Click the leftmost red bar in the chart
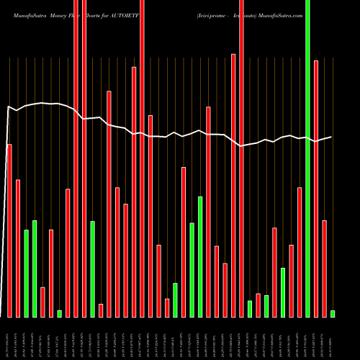click(x=9, y=230)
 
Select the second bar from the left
click(x=18, y=248)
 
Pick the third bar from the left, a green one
click(x=26, y=274)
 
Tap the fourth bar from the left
click(x=35, y=269)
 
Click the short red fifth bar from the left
click(x=42, y=302)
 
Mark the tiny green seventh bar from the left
click(x=59, y=313)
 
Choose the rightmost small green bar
click(x=333, y=313)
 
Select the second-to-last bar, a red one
click(x=324, y=269)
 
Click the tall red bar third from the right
click(x=316, y=189)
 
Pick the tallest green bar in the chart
click(x=307, y=158)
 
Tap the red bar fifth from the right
click(x=300, y=252)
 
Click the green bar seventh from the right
click(x=283, y=292)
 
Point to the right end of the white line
click(x=331, y=137)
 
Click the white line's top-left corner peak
click(x=9, y=107)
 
